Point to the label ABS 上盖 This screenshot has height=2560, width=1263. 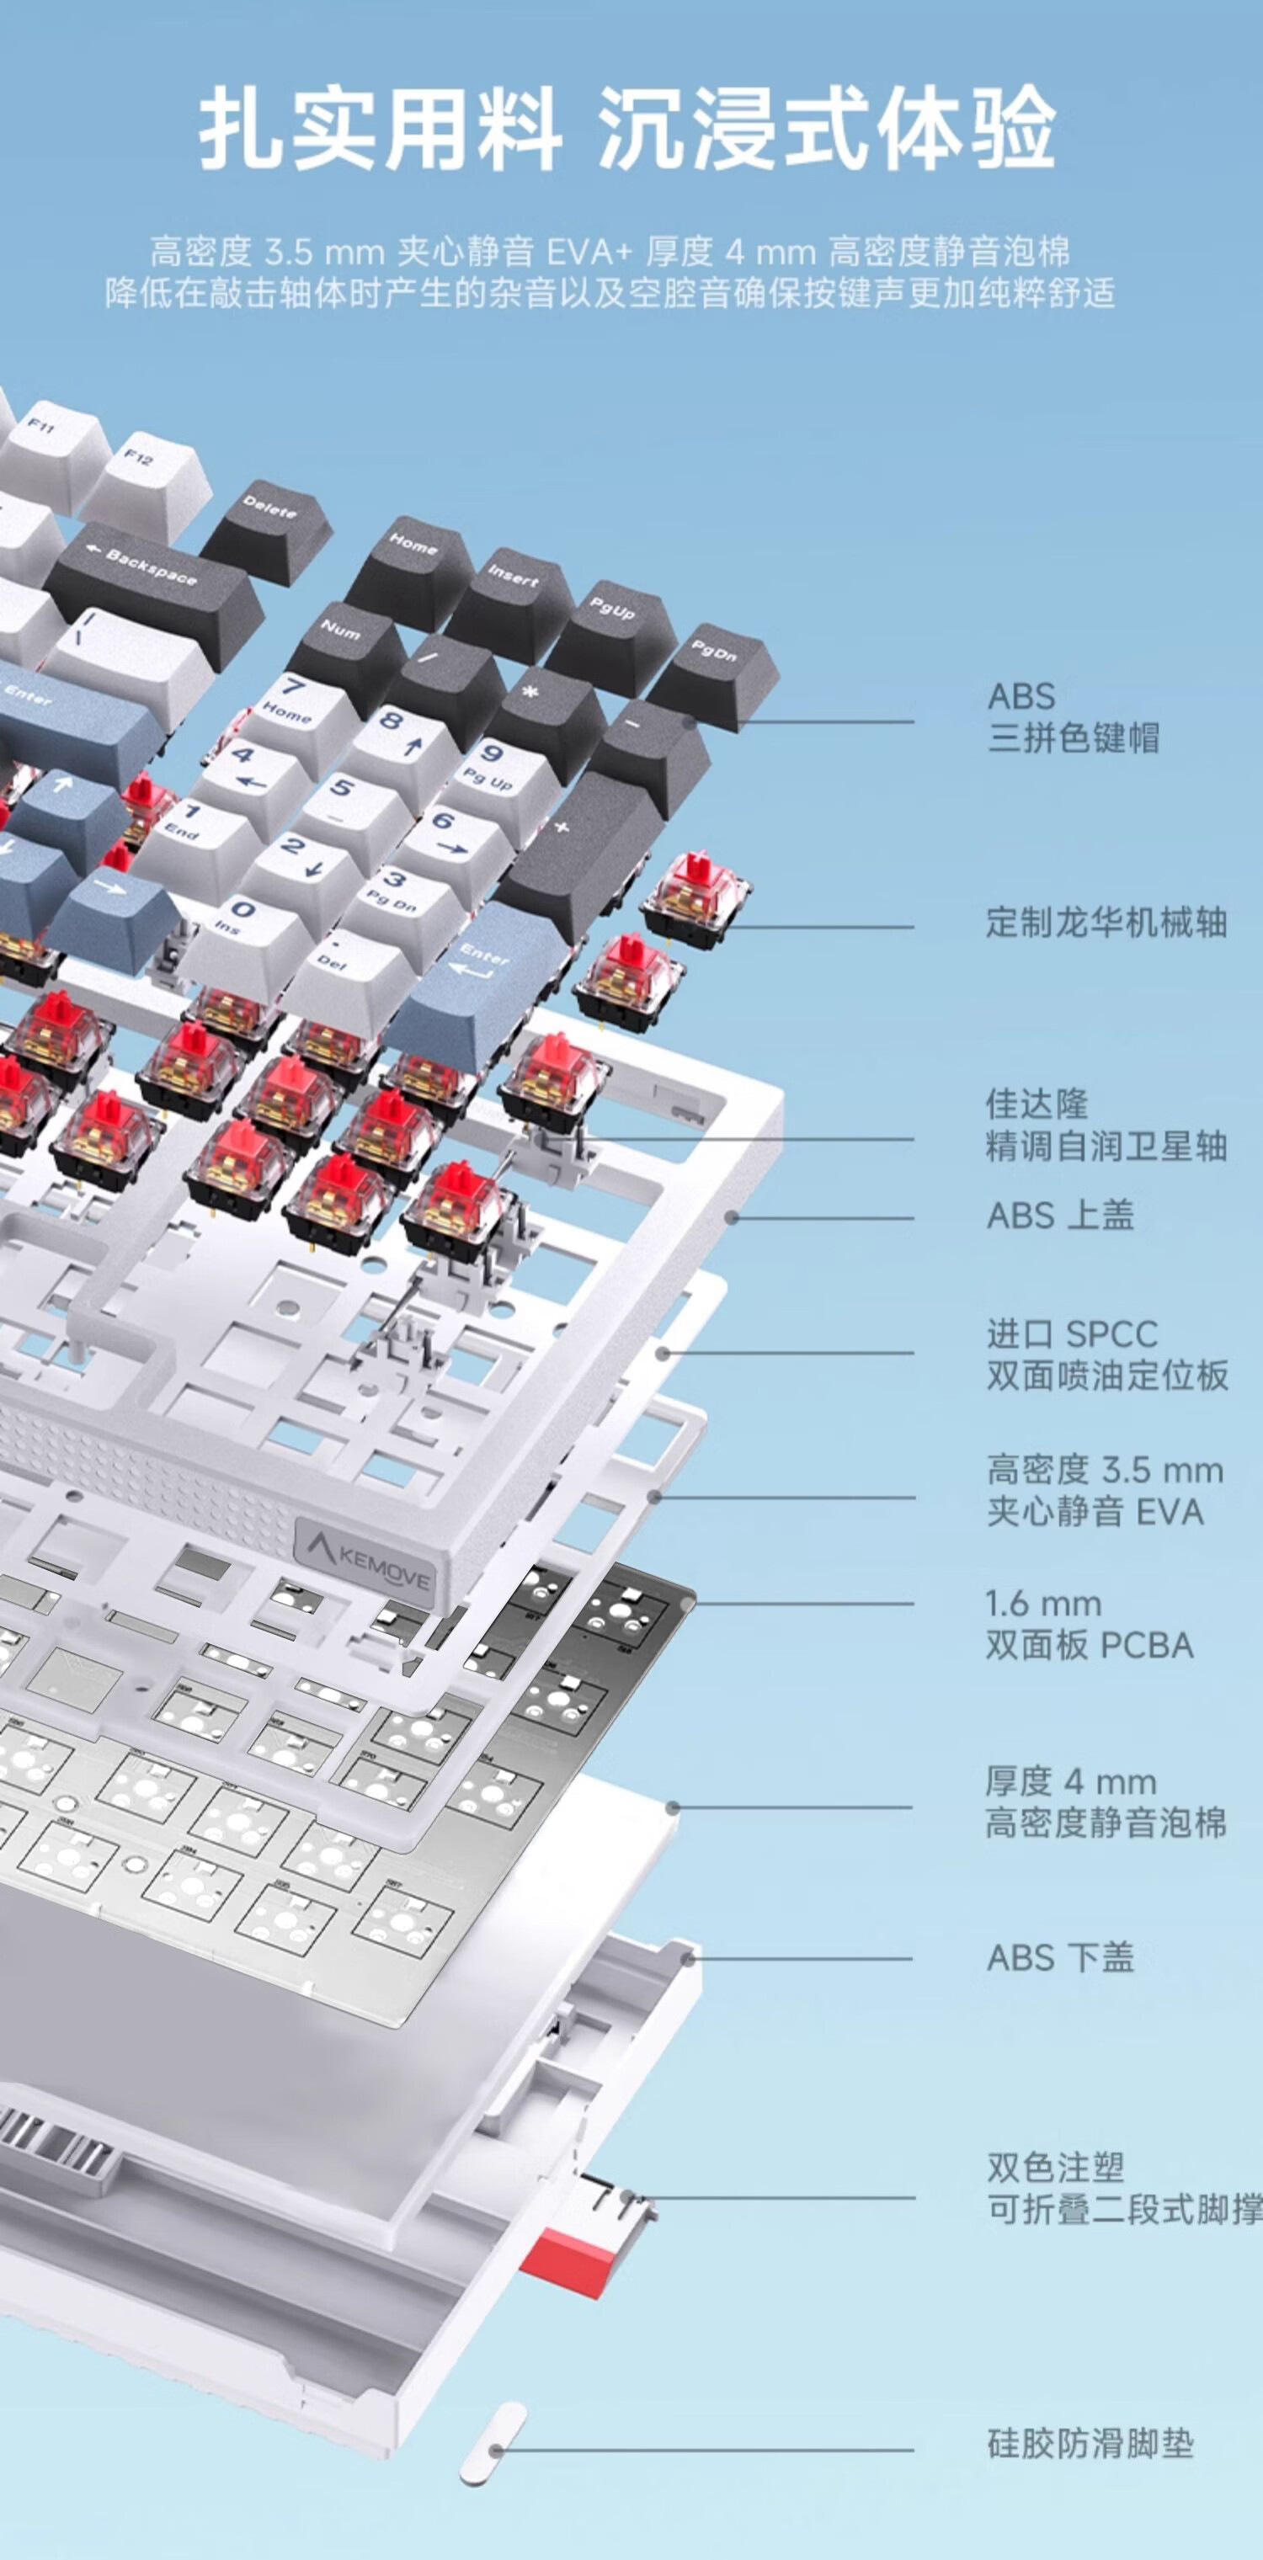click(1059, 1216)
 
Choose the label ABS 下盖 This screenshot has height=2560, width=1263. click(1059, 1958)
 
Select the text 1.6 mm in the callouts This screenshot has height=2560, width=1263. click(1043, 1603)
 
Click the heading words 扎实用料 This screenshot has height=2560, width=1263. click(381, 129)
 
